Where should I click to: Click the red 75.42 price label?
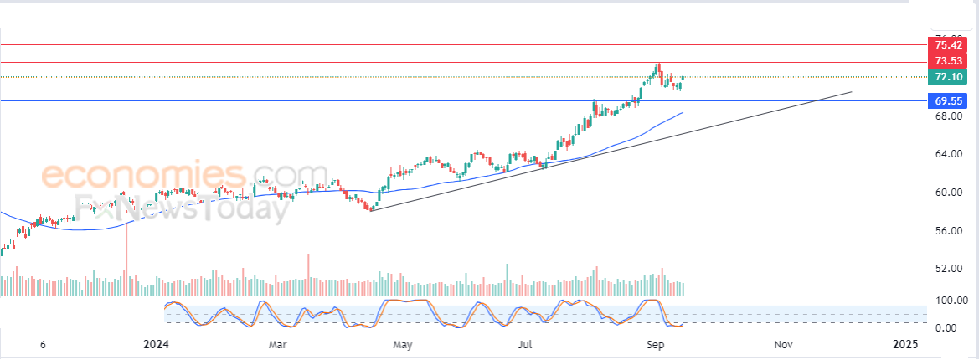[948, 45]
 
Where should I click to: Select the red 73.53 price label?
[948, 61]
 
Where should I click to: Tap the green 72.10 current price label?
[948, 77]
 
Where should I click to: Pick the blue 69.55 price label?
[948, 100]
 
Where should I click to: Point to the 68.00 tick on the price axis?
[947, 116]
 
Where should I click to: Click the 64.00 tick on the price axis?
[947, 154]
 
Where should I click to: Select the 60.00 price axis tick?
[947, 193]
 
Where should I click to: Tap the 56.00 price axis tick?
[947, 231]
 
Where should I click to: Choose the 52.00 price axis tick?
[947, 269]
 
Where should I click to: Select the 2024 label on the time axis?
[157, 344]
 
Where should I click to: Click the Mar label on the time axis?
[277, 344]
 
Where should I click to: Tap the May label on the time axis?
[403, 344]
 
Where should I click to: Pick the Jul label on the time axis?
[525, 344]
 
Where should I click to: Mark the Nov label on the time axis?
[783, 344]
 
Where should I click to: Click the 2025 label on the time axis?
[905, 344]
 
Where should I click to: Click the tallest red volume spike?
[126, 260]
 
